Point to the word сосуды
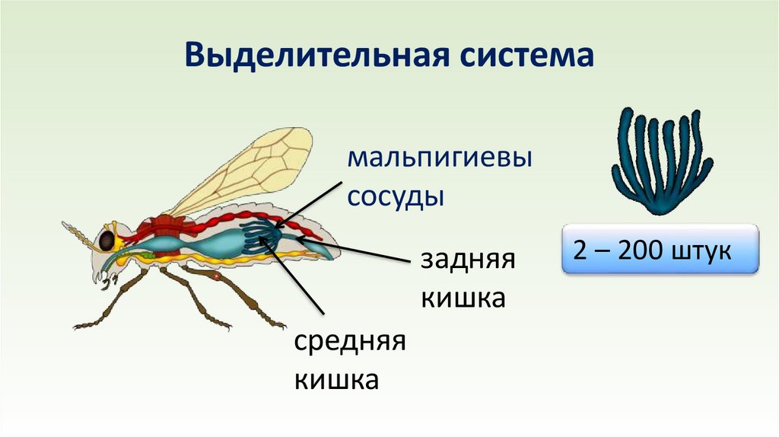[x=396, y=196]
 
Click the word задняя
[x=468, y=260]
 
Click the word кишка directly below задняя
[x=463, y=298]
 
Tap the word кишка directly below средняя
[x=336, y=378]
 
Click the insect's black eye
[x=107, y=241]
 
